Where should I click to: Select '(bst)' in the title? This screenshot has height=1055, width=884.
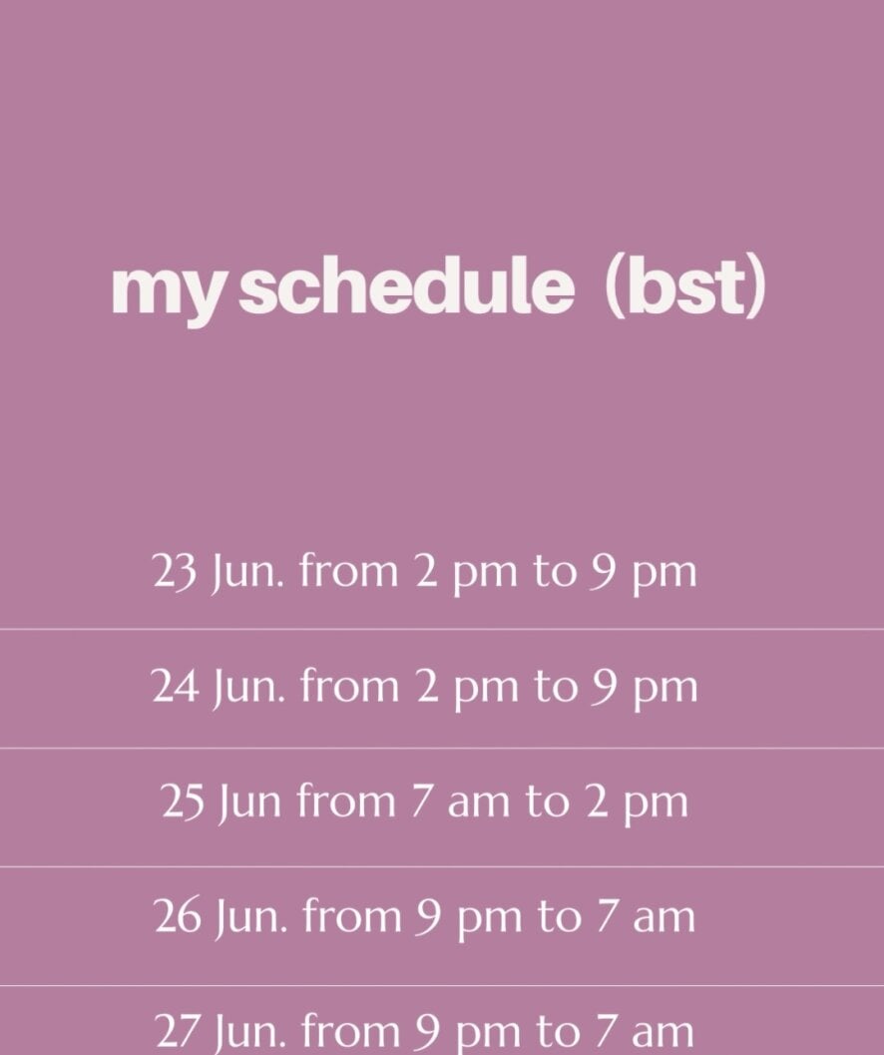pos(685,287)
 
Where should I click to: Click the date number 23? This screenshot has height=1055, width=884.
pos(175,572)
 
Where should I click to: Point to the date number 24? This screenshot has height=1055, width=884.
pos(175,687)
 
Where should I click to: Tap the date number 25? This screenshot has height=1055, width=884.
pos(183,802)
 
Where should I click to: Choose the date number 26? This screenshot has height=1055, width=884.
pos(178,916)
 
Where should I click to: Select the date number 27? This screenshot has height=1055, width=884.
pos(178,1031)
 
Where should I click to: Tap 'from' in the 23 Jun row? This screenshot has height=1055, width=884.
pos(348,571)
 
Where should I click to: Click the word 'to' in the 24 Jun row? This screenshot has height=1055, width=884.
pos(556,687)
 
